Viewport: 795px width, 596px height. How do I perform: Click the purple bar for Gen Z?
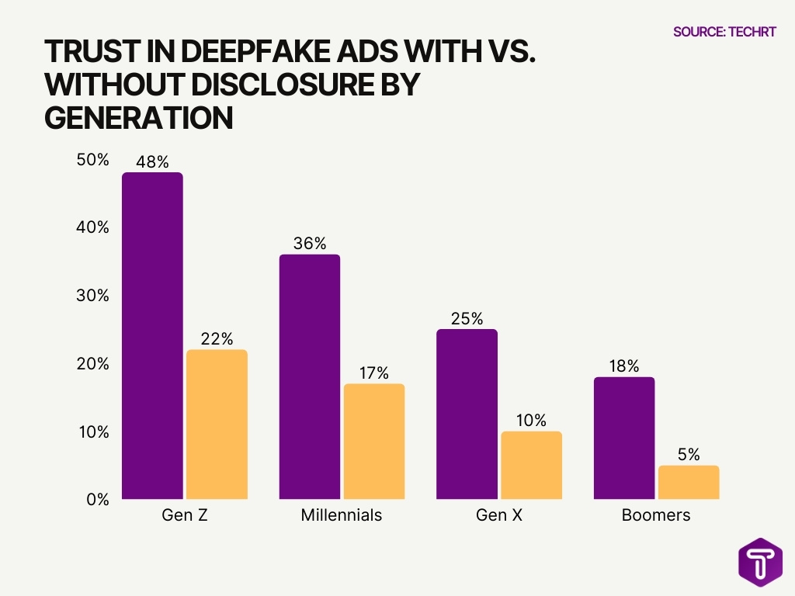[x=153, y=335]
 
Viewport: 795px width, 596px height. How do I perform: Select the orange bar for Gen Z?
[x=217, y=424]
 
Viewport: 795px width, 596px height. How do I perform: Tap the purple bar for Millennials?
[x=309, y=376]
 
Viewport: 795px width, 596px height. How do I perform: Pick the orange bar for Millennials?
[x=373, y=441]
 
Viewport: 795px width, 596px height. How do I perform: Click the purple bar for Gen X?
[x=467, y=414]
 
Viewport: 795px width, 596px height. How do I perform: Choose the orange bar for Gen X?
[x=531, y=465]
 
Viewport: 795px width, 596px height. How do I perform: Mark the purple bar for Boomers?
[x=624, y=438]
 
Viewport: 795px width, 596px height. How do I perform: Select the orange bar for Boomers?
[x=689, y=482]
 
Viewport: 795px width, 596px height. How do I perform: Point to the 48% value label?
[x=152, y=162]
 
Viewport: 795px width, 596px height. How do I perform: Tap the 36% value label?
[x=309, y=244]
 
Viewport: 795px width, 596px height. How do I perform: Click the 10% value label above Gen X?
[x=531, y=421]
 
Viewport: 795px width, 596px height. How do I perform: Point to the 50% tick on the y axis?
[x=93, y=160]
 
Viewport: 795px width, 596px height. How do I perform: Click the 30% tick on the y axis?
[x=93, y=296]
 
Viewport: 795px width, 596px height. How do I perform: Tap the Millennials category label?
[x=342, y=515]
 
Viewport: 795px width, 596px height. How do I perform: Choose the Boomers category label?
[x=656, y=515]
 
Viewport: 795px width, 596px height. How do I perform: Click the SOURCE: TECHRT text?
[x=724, y=32]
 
